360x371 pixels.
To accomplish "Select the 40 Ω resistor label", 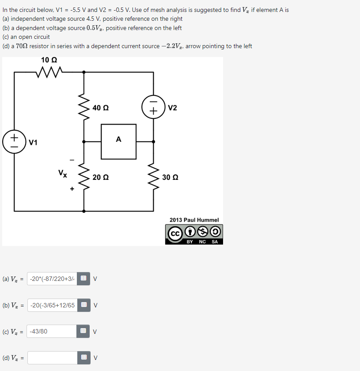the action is [101, 107].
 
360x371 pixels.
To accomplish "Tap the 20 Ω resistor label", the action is [101, 177].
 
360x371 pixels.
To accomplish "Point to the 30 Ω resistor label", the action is [170, 177].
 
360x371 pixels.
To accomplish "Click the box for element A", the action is [118, 141].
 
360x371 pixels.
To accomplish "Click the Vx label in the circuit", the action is [63, 173].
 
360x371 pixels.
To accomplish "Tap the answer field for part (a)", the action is [52, 279].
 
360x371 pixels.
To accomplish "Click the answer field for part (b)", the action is [52, 305].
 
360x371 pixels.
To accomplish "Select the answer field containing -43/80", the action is [52, 331].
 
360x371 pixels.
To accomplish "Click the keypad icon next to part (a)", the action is [83, 279].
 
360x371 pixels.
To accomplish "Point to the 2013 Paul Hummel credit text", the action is [194, 220].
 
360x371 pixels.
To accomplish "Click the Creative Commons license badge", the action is [194, 235].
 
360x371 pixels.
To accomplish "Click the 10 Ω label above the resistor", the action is [49, 60].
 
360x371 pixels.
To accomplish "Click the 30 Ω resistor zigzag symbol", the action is [153, 177].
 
